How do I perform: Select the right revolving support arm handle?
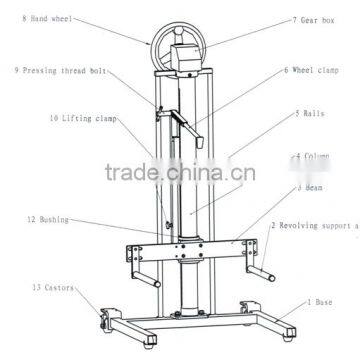[267, 269]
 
